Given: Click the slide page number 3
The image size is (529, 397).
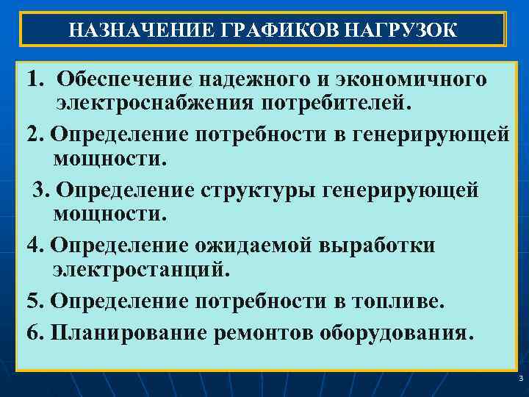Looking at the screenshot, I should pos(520,379).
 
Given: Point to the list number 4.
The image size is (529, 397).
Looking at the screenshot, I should pos(33,246).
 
